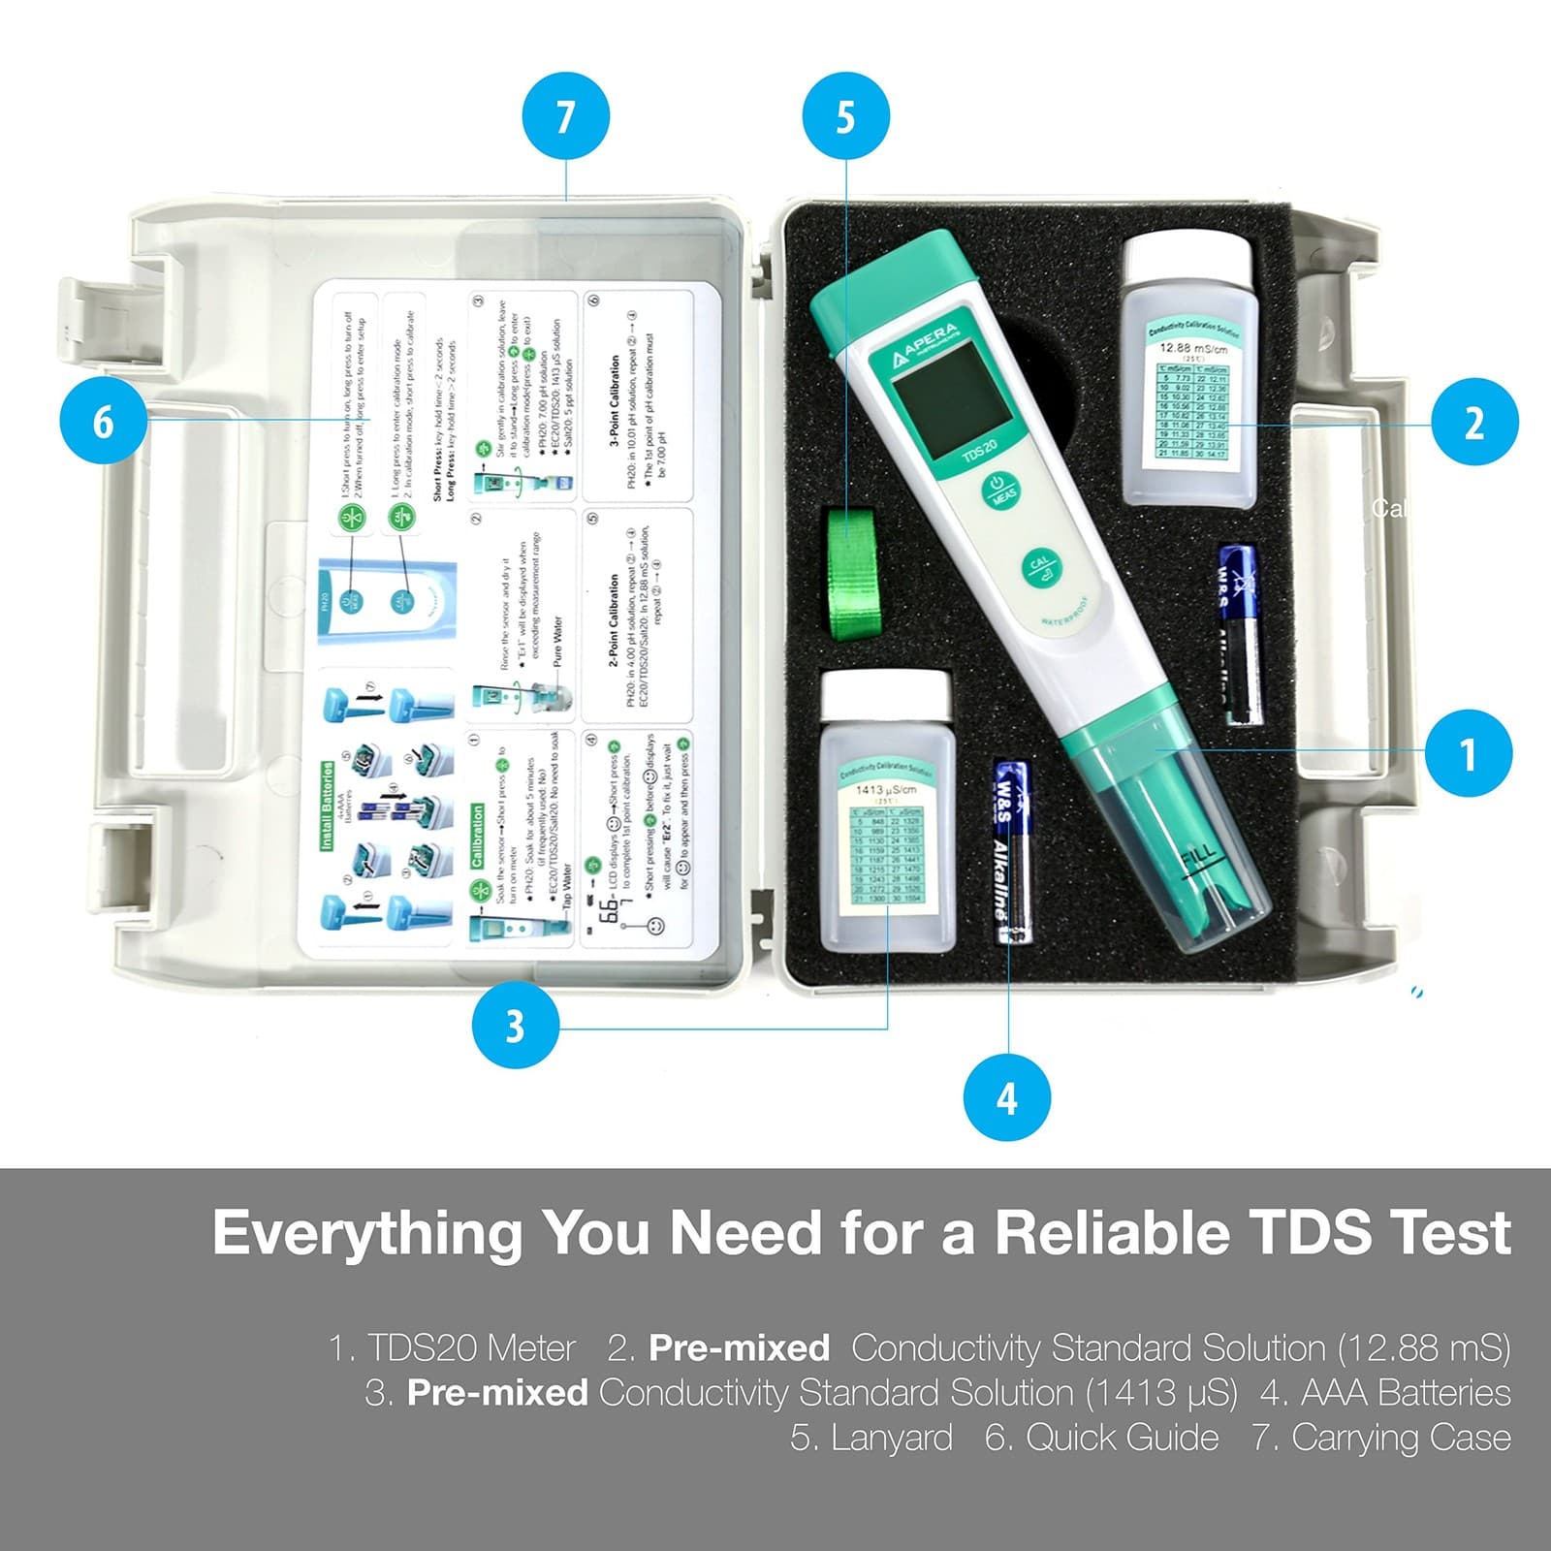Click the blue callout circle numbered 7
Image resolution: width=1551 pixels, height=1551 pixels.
(565, 117)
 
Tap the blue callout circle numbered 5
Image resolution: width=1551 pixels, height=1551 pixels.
(845, 117)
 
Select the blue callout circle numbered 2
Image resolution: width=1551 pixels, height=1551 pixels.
(1473, 422)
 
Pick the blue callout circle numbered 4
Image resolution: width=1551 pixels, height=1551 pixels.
(1007, 1098)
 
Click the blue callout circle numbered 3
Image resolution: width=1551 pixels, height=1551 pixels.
(515, 1026)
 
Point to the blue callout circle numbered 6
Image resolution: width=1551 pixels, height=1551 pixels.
(103, 422)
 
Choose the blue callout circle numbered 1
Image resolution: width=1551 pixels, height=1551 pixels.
(1468, 753)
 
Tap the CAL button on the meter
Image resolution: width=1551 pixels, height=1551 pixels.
(1039, 570)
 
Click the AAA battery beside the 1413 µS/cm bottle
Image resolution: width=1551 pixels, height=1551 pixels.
(1011, 851)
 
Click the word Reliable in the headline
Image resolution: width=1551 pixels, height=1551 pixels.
(1112, 1233)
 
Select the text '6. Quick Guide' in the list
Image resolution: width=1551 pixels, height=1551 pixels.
(1101, 1437)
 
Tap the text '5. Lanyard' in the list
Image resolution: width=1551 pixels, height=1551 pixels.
(870, 1437)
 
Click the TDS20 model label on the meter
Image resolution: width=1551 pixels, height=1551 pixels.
(980, 452)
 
